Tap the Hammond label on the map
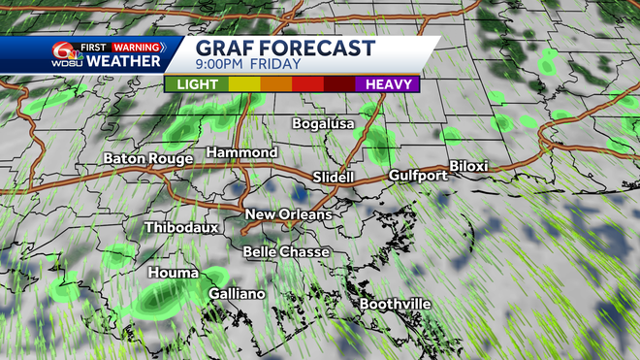tap(241, 153)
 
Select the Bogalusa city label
tap(325, 123)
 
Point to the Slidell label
tap(336, 177)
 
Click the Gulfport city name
tap(417, 176)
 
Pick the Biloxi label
tap(467, 166)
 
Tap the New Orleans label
tap(288, 213)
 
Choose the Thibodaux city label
tap(182, 227)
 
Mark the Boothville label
tap(395, 304)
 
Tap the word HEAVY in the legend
tap(386, 84)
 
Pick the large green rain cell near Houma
tap(169, 300)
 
